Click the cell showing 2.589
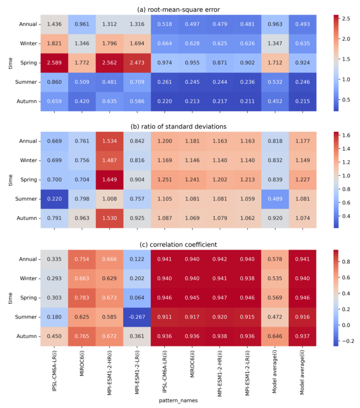click(54, 63)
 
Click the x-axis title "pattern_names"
click(178, 401)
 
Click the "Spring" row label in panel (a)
click(29, 63)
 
